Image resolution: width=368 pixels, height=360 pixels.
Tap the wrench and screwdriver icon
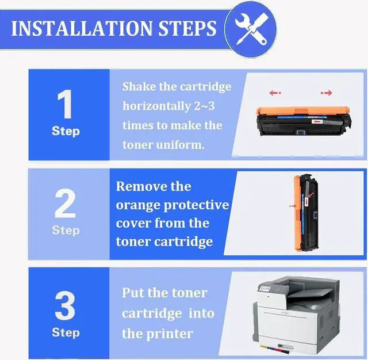click(x=250, y=28)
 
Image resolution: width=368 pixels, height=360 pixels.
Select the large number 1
click(x=66, y=105)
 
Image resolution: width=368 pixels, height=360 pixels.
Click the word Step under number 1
click(x=66, y=131)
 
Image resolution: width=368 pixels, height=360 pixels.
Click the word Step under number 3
click(x=66, y=332)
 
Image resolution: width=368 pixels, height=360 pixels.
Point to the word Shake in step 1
click(x=140, y=87)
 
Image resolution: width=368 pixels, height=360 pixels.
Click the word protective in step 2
click(x=198, y=205)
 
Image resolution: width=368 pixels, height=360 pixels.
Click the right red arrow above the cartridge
click(x=327, y=93)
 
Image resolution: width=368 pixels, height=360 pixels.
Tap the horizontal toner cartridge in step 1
click(x=302, y=119)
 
